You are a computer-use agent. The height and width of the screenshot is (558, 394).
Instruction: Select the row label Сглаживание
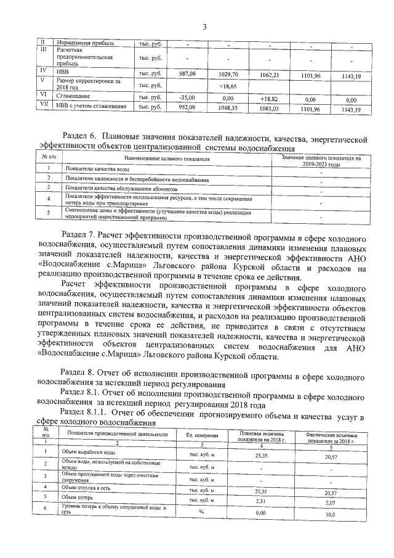click(73, 97)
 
